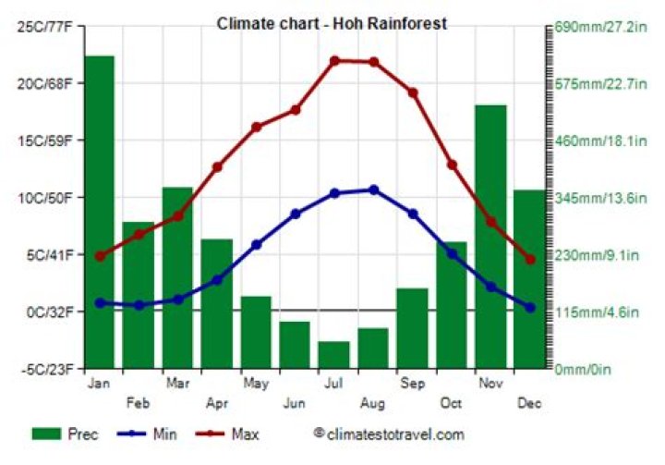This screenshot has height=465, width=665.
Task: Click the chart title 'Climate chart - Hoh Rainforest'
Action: click(x=332, y=23)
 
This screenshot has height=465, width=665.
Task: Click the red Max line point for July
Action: click(x=334, y=61)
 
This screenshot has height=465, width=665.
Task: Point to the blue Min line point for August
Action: click(x=373, y=190)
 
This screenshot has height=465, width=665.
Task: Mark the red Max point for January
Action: click(x=100, y=256)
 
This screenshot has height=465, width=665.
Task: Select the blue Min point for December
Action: click(x=530, y=307)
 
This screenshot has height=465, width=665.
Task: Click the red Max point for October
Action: click(x=452, y=165)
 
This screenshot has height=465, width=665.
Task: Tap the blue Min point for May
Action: click(x=256, y=245)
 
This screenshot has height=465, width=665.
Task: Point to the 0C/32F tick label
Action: click(x=48, y=312)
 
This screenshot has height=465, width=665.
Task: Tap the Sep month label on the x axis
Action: click(x=412, y=381)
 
